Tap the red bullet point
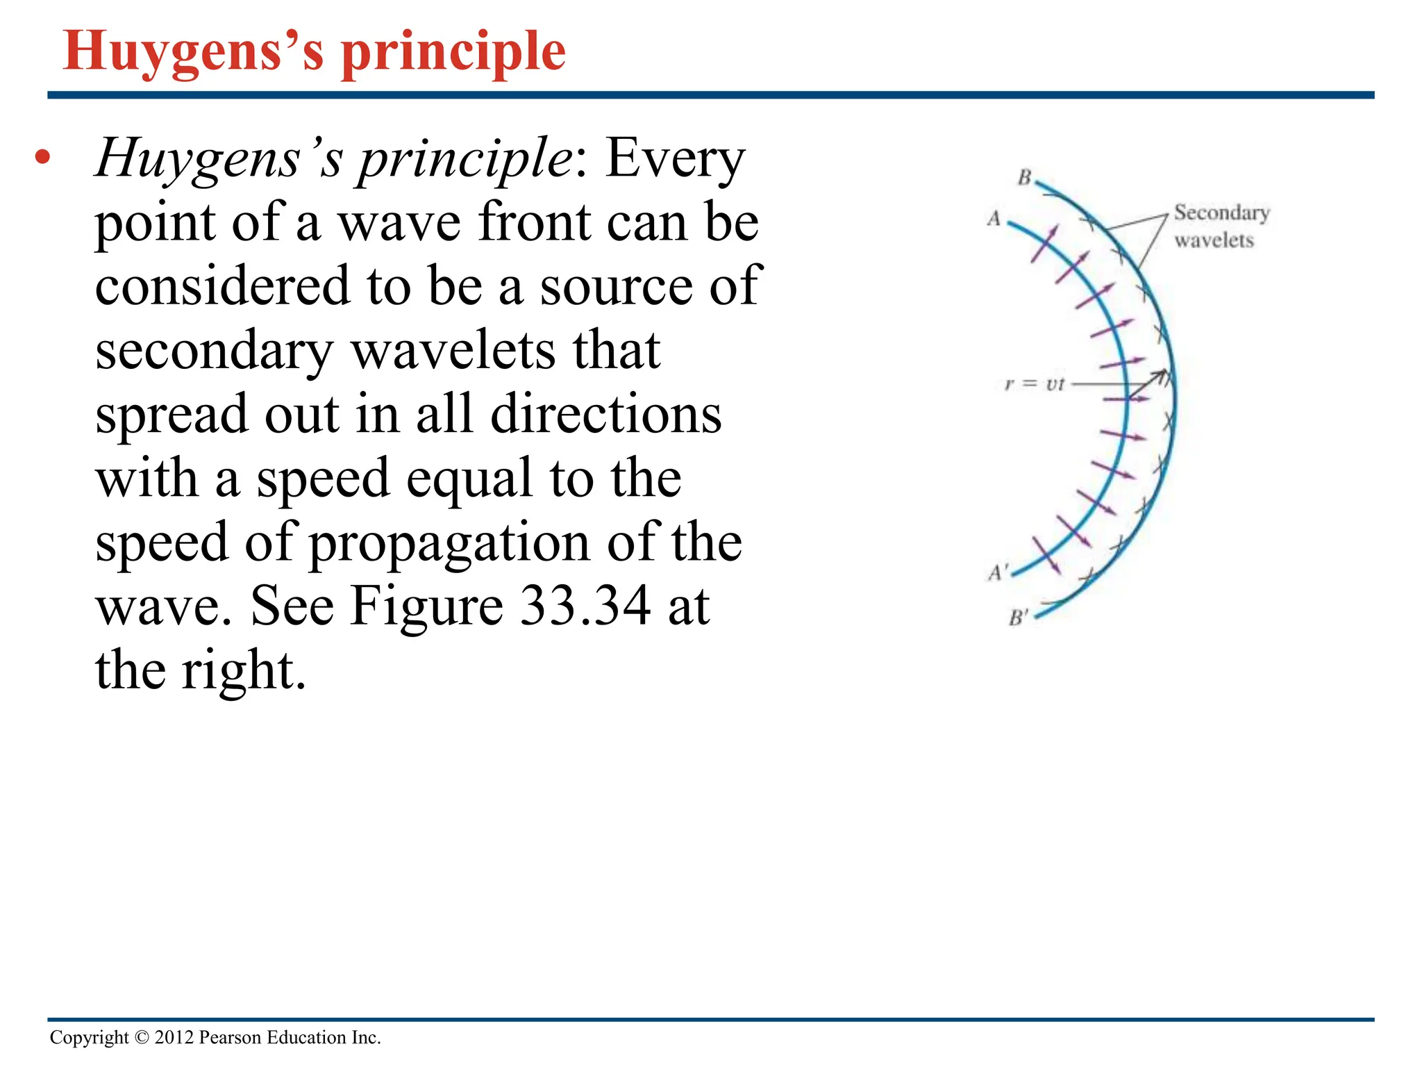tap(43, 157)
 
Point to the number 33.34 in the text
tap(585, 606)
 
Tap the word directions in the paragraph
tap(606, 415)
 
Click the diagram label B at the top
tap(1024, 178)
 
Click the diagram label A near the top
tap(994, 219)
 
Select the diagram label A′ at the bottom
tap(997, 572)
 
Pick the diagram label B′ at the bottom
tap(1018, 617)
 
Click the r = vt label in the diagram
tap(1034, 383)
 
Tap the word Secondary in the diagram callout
tap(1222, 213)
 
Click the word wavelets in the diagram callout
tap(1214, 240)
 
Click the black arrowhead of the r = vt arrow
tap(1162, 376)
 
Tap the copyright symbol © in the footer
tap(142, 1038)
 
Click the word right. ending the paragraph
tap(244, 671)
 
